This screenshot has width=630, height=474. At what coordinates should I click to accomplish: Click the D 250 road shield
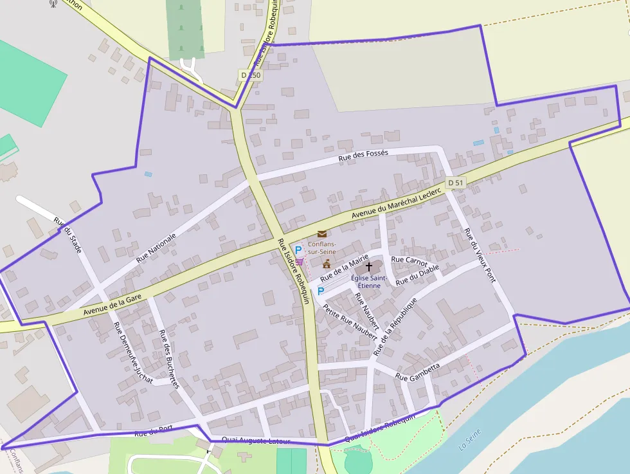tap(251, 75)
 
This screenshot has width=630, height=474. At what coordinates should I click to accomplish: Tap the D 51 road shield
tap(455, 183)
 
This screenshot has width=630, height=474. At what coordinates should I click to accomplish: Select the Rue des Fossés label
tap(363, 158)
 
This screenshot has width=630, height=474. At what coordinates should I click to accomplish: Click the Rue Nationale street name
tap(156, 248)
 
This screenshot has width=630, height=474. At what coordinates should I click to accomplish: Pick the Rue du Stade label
tap(67, 234)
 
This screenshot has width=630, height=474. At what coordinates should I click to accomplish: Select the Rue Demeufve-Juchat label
tap(133, 352)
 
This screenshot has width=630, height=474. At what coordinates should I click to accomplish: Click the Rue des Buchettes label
tap(169, 358)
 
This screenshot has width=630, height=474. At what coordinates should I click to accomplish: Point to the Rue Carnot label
tap(409, 260)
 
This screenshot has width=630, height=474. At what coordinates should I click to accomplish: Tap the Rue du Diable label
tap(417, 275)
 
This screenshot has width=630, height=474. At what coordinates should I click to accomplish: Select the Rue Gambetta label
tap(418, 372)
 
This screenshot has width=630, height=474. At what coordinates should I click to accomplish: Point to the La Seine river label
tap(470, 441)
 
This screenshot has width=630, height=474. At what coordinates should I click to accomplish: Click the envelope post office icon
tap(321, 234)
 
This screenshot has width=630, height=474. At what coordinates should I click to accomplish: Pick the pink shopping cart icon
tap(300, 261)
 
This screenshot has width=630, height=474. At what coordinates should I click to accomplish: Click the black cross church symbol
tap(369, 266)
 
